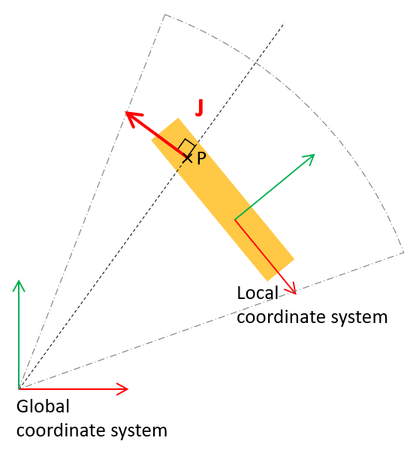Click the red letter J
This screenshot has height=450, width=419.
click(199, 107)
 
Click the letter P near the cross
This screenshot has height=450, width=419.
click(201, 158)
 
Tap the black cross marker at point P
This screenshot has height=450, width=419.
click(187, 158)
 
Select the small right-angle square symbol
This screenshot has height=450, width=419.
click(186, 147)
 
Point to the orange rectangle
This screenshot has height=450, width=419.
click(223, 200)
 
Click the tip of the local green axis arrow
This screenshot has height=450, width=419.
click(315, 155)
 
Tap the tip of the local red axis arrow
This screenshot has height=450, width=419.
click(295, 293)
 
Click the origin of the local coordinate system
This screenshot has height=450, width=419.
click(235, 219)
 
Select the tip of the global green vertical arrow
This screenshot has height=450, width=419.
click(19, 280)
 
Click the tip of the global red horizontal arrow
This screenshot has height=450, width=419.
click(128, 389)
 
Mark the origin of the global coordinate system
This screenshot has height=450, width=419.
click(19, 389)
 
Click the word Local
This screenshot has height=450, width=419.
click(258, 293)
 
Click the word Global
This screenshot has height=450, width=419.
click(43, 406)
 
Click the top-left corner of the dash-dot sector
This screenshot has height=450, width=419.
click(165, 14)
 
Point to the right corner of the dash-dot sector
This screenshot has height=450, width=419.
click(404, 252)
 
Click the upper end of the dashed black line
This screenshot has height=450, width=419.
click(284, 23)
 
